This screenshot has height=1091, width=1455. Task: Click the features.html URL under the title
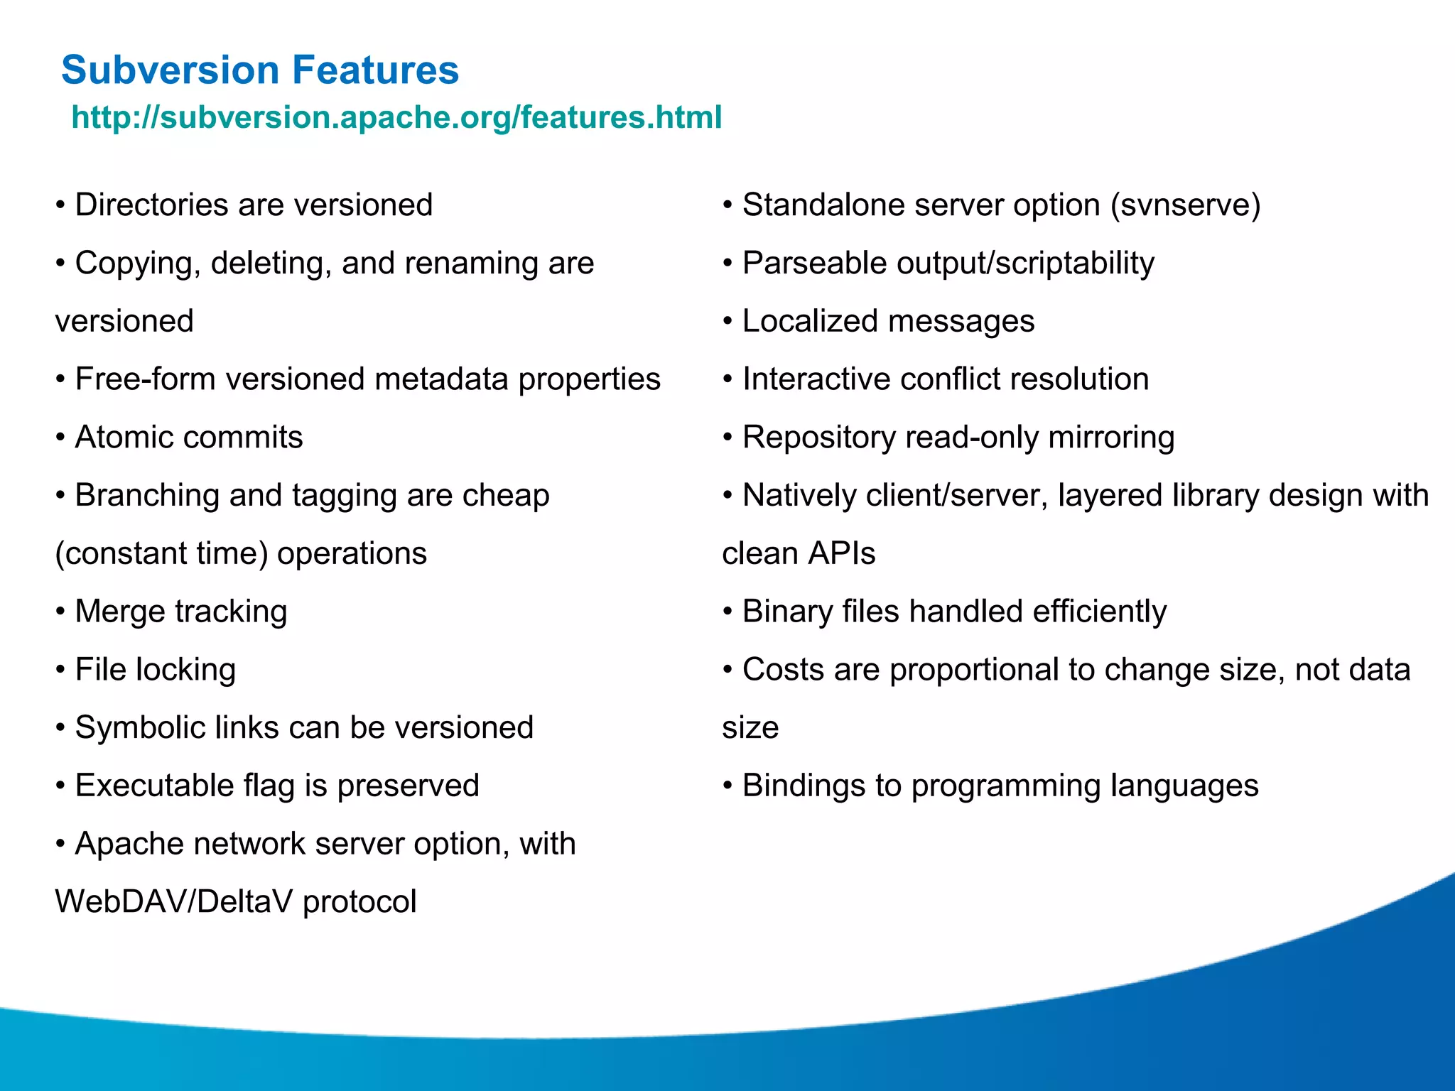coord(396,117)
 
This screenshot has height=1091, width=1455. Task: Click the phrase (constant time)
coord(161,554)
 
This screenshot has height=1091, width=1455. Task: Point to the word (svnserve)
coord(1185,205)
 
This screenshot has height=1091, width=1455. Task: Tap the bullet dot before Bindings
coord(727,786)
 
